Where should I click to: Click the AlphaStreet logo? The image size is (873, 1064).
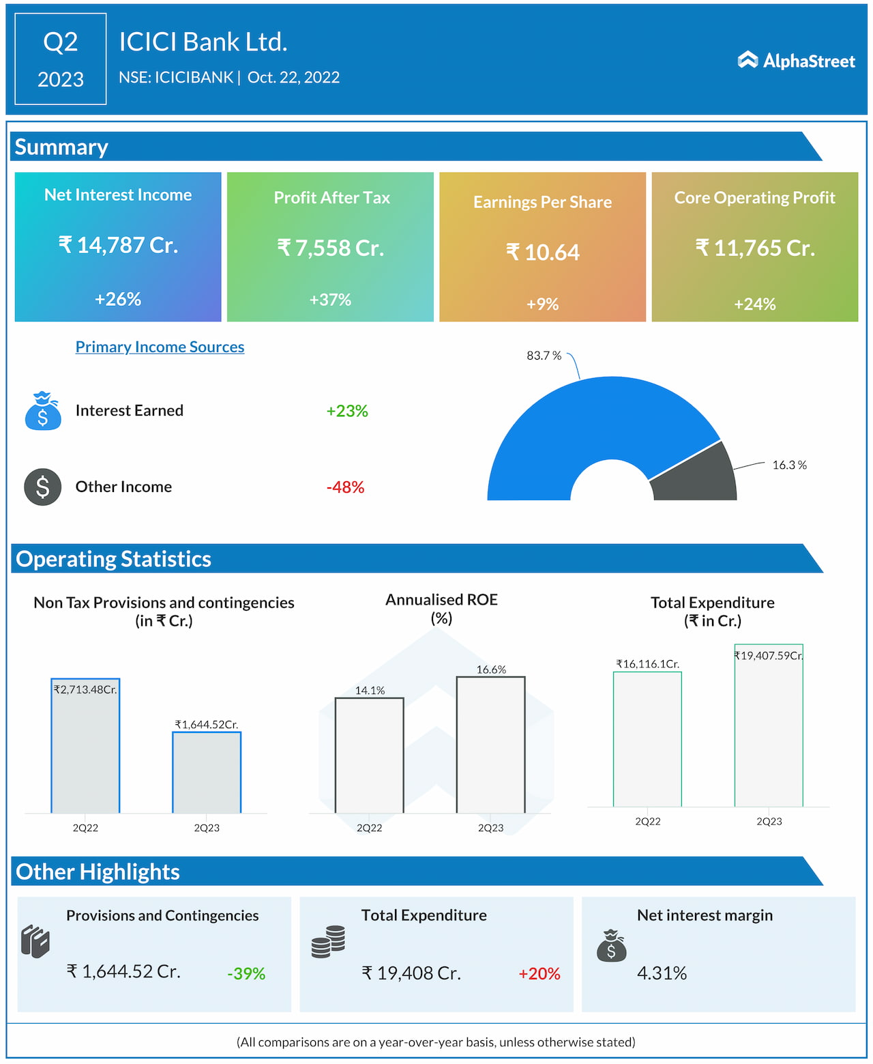click(796, 61)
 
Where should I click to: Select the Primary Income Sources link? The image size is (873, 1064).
click(160, 347)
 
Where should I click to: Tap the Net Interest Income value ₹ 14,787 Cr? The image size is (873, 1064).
click(118, 245)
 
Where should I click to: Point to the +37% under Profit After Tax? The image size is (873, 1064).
click(330, 300)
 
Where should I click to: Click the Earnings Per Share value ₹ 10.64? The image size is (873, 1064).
click(542, 253)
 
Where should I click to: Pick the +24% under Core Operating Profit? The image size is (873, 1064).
click(754, 304)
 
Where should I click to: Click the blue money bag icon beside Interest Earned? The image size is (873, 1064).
click(42, 411)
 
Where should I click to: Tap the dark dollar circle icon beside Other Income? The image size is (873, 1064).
click(42, 487)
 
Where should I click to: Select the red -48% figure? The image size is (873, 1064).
click(345, 487)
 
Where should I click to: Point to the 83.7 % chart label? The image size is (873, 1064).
click(544, 356)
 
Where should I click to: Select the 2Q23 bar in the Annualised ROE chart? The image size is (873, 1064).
click(490, 745)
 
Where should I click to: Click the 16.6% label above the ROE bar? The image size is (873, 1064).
click(491, 670)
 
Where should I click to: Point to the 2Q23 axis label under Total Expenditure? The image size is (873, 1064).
click(769, 821)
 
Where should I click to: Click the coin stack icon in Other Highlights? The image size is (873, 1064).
click(328, 942)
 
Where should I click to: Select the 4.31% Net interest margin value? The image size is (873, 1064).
click(662, 973)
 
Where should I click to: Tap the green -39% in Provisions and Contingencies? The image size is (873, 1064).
click(246, 973)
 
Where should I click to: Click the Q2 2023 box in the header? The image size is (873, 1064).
click(61, 59)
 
